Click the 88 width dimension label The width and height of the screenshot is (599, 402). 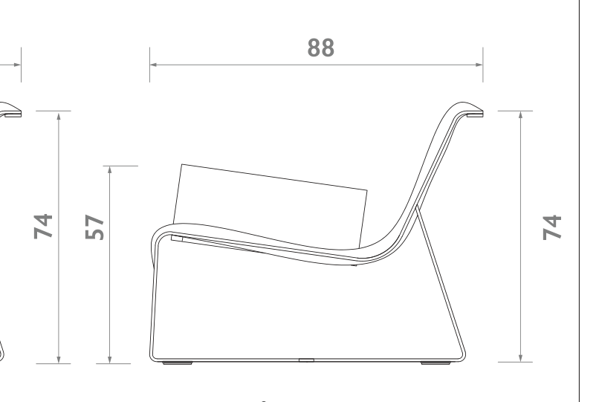click(321, 48)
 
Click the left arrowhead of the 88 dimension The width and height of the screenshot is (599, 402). click(152, 65)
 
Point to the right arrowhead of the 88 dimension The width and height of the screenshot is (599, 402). click(480, 65)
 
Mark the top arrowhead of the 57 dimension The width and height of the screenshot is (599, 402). click(110, 169)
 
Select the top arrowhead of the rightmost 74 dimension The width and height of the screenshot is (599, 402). click(520, 115)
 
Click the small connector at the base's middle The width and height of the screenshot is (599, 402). click(305, 362)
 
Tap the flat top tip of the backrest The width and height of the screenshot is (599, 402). click(473, 114)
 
